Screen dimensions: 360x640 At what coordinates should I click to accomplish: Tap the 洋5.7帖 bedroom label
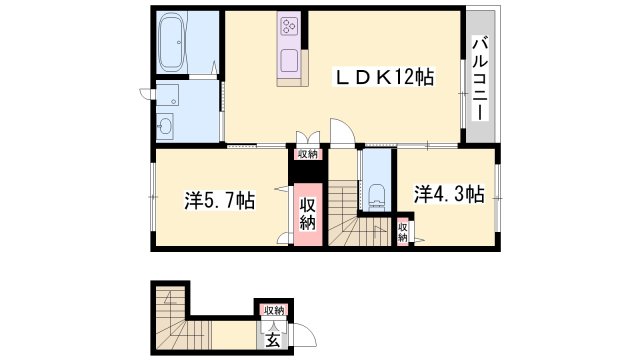(219, 200)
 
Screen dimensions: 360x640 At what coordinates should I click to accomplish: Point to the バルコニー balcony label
(479, 78)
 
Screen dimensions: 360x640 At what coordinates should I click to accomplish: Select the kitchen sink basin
(290, 58)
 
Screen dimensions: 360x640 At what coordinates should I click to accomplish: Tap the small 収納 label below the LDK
(306, 154)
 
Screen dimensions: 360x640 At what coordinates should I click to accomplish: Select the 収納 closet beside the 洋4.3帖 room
(402, 233)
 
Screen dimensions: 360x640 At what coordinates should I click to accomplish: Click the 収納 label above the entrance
(273, 310)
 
